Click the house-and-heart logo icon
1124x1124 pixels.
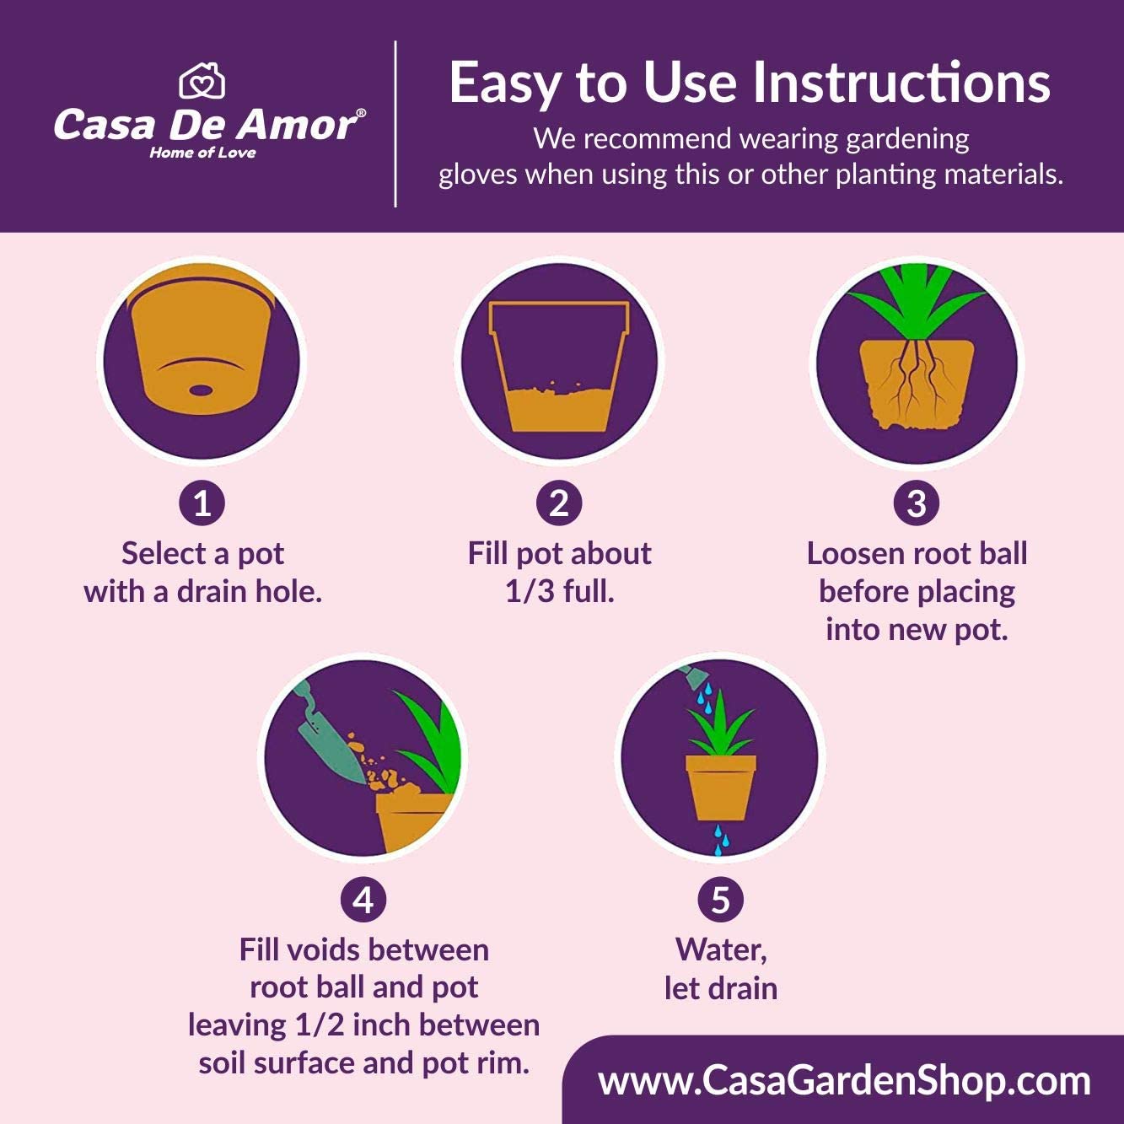202,81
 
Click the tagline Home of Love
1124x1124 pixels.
203,153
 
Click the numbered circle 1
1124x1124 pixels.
202,503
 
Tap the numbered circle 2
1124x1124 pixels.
559,503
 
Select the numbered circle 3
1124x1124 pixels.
917,503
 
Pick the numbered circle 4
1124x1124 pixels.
363,899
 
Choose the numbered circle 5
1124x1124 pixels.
720,899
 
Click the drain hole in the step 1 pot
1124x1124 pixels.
200,390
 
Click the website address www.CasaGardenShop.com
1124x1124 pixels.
844,1081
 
